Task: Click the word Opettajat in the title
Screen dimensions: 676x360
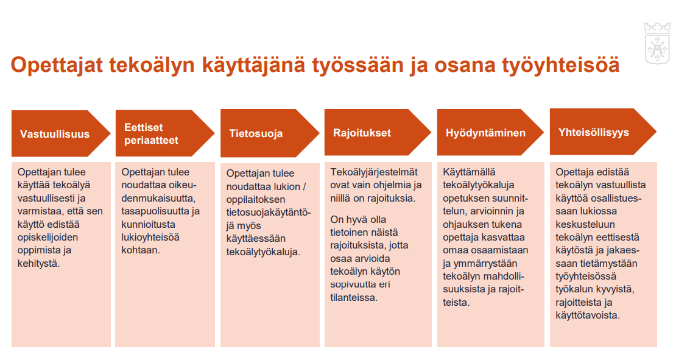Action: click(x=57, y=65)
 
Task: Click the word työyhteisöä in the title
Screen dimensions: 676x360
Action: click(x=561, y=66)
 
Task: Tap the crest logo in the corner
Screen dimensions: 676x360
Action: click(x=657, y=43)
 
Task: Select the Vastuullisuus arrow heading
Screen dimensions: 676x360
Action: click(x=61, y=133)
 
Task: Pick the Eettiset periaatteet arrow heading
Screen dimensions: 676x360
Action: click(x=164, y=133)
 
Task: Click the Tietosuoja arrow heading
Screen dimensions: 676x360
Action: click(x=270, y=133)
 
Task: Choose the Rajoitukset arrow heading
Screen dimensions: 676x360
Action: click(x=378, y=132)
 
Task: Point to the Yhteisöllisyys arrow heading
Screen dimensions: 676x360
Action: click(x=603, y=132)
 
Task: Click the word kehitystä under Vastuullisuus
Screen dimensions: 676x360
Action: click(x=38, y=263)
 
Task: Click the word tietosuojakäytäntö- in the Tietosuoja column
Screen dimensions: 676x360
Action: click(x=269, y=213)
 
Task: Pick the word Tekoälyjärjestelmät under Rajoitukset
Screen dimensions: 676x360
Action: click(x=374, y=172)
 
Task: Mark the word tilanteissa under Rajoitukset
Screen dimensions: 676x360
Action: click(x=353, y=297)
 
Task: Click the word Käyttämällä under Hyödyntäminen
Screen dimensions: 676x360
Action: click(x=469, y=172)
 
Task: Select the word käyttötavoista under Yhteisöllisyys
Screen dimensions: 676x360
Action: click(x=588, y=315)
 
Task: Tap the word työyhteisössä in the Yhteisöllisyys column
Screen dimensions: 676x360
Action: click(x=586, y=277)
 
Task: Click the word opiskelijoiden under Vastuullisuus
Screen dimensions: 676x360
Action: click(x=48, y=238)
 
